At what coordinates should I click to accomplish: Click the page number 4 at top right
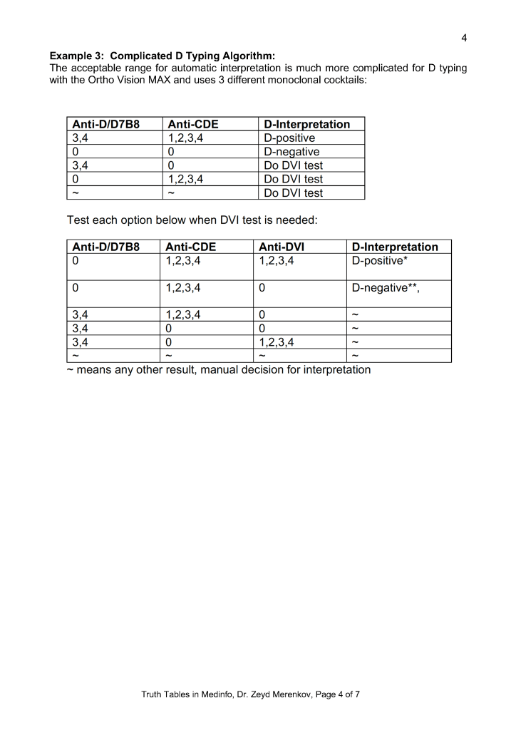click(x=464, y=38)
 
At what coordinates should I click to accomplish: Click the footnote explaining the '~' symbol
click(x=218, y=370)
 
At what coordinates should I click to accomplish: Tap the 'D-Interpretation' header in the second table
click(x=396, y=247)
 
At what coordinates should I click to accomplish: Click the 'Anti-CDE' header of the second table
click(x=190, y=247)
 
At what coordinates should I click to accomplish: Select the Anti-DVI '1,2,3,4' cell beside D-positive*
click(x=277, y=260)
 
